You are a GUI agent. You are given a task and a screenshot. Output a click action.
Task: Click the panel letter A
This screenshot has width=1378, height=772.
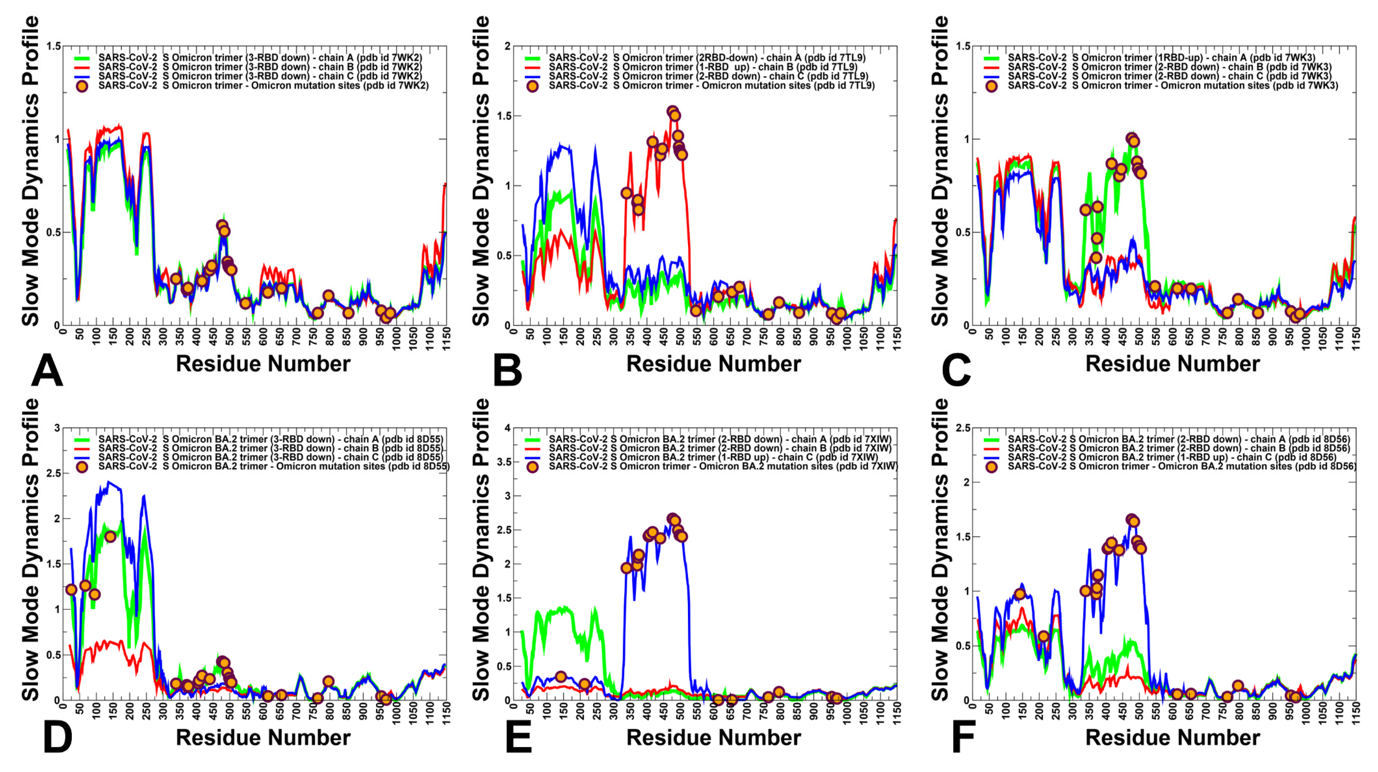[47, 370]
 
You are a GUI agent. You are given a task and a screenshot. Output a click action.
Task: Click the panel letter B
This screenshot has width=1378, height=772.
[507, 370]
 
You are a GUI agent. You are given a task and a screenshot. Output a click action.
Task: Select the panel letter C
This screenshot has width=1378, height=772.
[956, 370]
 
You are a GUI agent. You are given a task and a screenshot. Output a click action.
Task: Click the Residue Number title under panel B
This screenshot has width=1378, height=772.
[714, 364]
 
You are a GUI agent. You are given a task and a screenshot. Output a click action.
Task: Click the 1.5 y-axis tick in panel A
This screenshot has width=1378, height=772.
[54, 46]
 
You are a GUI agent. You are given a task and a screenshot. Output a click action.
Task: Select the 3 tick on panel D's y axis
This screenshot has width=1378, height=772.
[57, 428]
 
